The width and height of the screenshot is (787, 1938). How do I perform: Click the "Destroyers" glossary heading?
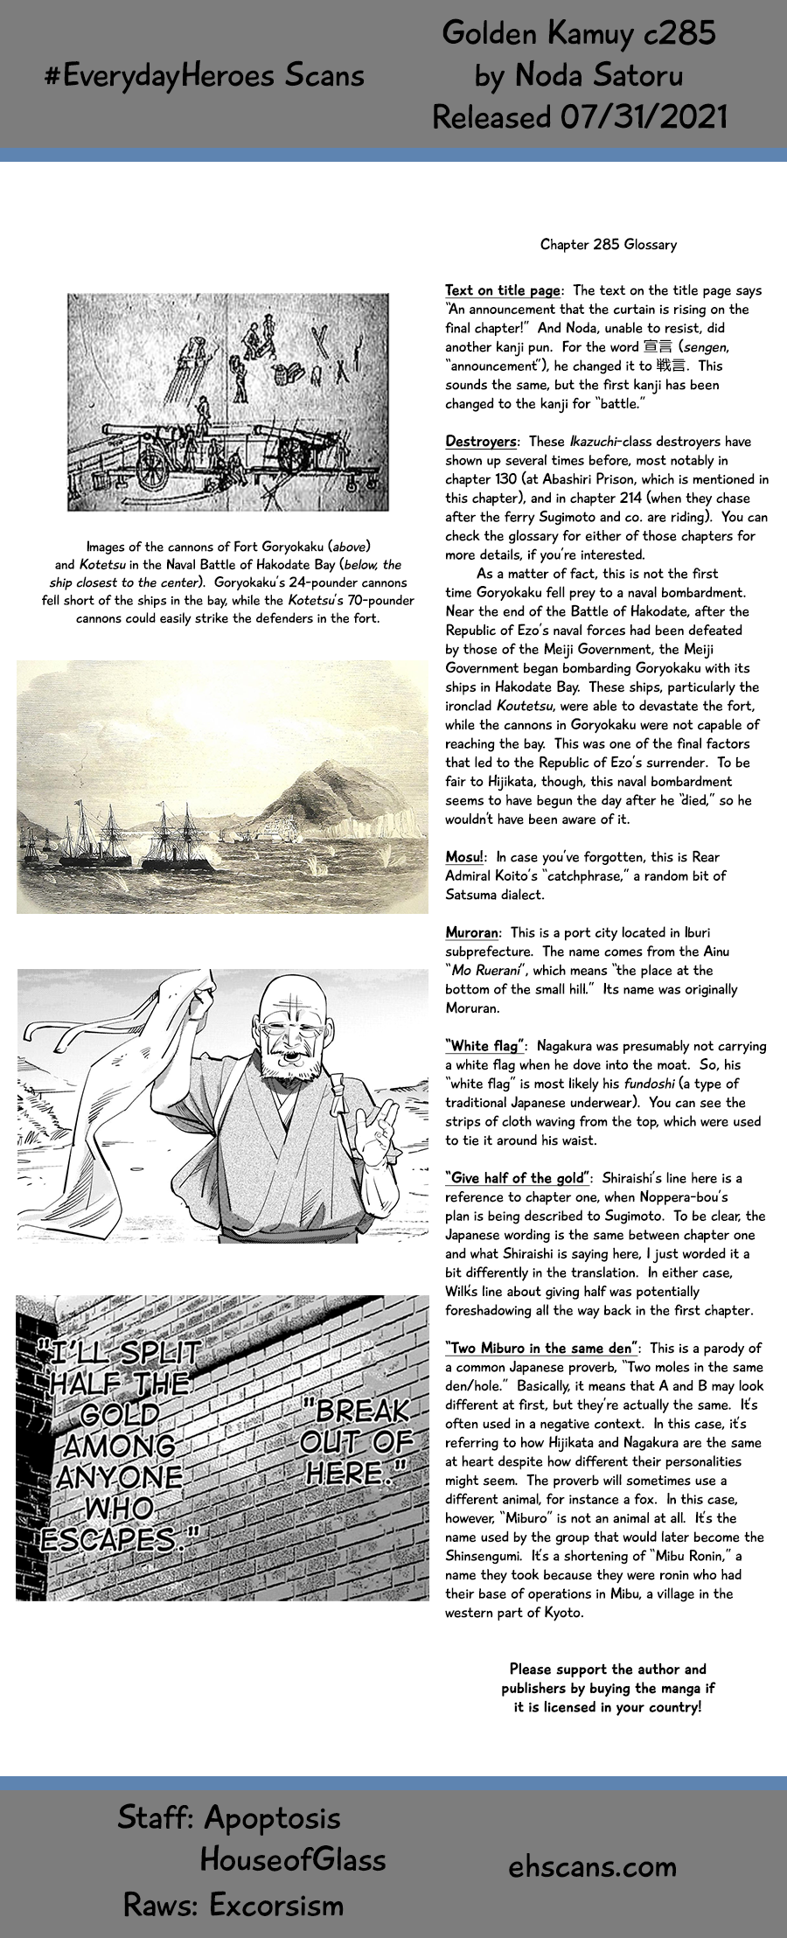(x=480, y=442)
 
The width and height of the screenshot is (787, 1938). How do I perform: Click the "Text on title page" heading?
(x=503, y=290)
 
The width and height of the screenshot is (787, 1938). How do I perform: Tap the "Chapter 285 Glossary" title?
(x=608, y=245)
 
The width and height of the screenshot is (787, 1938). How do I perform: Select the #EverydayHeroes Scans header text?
(x=204, y=76)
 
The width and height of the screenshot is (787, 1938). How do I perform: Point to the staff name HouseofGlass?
(x=293, y=1860)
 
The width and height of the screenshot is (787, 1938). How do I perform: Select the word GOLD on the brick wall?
(x=120, y=1414)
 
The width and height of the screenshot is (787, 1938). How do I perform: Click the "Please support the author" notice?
(x=608, y=1688)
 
